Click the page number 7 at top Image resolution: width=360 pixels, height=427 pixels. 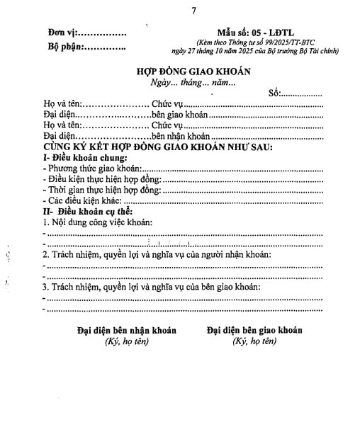pos(193,11)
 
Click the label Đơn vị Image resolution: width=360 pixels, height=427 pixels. pos(61,33)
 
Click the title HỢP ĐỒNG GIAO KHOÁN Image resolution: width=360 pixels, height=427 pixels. pos(193,72)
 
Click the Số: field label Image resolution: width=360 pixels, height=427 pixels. pos(274,93)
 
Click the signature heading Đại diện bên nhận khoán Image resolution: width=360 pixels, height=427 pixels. pos(126,330)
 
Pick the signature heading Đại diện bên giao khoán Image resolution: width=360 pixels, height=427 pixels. pos(254,330)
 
